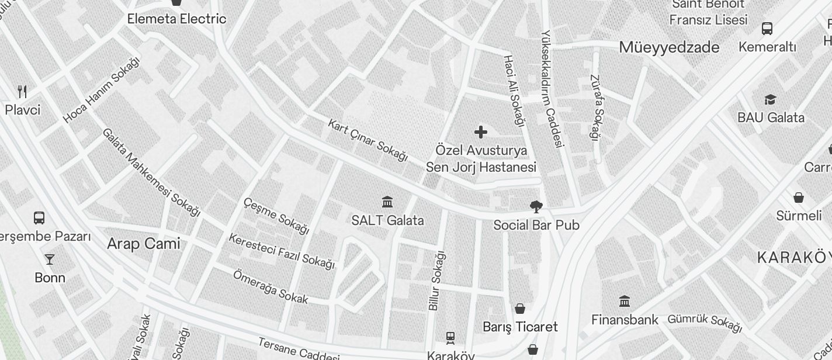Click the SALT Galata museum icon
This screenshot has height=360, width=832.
[387, 202]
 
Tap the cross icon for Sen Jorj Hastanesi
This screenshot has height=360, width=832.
[481, 132]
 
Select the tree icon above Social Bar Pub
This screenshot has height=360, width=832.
[535, 206]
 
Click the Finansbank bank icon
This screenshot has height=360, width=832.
[625, 302]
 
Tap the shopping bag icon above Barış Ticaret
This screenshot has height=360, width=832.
[520, 308]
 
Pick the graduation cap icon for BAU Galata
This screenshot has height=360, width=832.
[770, 100]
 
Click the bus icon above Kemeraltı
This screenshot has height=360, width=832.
[767, 29]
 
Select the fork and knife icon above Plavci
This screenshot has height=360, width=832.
[22, 91]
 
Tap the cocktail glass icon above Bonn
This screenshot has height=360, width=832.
[50, 259]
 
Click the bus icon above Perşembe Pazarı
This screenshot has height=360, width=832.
[39, 218]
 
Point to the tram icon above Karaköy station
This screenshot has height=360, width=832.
[450, 338]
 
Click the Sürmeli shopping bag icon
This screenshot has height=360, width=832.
[799, 198]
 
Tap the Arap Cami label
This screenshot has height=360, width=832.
[144, 244]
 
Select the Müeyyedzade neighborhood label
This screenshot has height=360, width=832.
[669, 47]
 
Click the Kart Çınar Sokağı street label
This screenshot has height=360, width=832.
[368, 140]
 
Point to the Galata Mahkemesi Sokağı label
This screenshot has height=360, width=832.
[151, 172]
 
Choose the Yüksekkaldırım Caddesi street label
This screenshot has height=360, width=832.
[552, 88]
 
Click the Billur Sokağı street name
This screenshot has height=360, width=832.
[436, 281]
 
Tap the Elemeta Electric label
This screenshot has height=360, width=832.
[176, 19]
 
